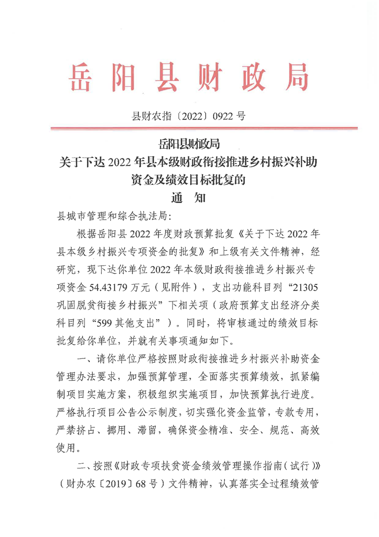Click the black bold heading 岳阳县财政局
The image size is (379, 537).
[189, 143]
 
